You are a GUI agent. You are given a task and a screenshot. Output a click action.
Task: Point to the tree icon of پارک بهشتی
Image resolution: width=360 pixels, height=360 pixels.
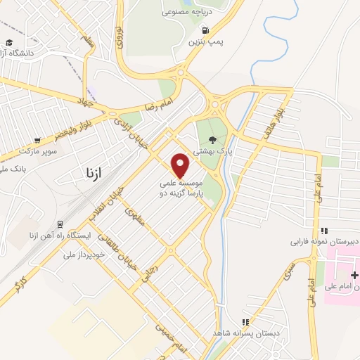coord(213,140)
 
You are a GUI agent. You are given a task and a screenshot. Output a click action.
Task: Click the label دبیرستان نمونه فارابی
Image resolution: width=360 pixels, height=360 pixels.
coord(326,241)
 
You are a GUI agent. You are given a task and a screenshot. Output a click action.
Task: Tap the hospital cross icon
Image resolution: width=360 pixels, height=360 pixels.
coord(354,274)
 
